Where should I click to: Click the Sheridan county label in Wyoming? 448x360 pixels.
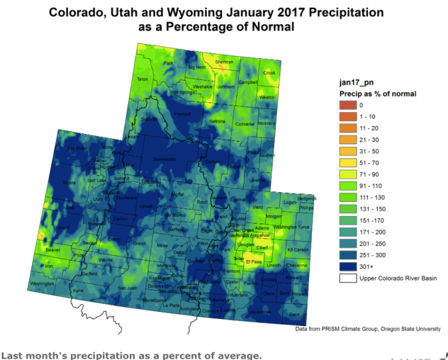224,62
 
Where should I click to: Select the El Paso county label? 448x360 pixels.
255,261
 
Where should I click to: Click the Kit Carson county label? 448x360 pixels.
298,249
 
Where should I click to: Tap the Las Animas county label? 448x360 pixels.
260,312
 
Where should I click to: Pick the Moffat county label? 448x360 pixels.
176,193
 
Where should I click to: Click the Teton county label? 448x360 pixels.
142,79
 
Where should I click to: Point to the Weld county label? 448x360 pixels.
257,208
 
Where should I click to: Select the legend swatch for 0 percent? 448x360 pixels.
347,104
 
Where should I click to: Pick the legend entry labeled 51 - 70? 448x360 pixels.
347,163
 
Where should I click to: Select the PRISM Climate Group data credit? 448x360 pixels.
367,329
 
